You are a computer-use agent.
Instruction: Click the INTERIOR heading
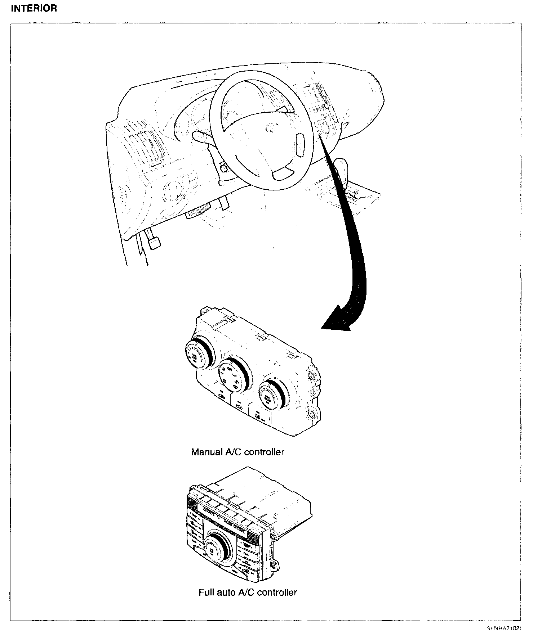[x=34, y=9]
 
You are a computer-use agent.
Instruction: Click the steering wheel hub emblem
[x=270, y=127]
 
